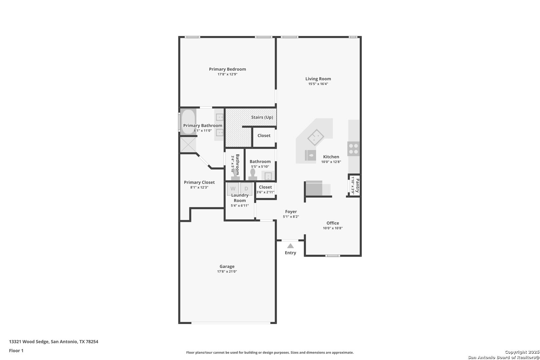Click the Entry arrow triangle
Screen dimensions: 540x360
[x=290, y=246]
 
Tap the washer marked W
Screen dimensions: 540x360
[x=233, y=189]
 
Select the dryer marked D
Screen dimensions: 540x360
[x=246, y=189]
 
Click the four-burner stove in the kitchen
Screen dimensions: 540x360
[x=353, y=149]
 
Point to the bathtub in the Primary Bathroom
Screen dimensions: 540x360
[x=188, y=122]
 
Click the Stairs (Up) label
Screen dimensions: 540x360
[x=262, y=117]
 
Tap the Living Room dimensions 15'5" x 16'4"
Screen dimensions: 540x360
[x=318, y=84]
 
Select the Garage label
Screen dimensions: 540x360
[x=227, y=266]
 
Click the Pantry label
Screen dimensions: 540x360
[x=358, y=185]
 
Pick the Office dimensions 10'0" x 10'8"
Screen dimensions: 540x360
[x=333, y=228]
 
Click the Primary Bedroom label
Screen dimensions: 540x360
[x=227, y=69]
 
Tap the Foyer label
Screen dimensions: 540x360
[x=291, y=211]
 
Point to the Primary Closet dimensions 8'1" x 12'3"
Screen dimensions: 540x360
[x=199, y=187]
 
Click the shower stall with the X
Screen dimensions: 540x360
[x=188, y=145]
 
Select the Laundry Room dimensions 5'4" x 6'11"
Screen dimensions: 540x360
[x=240, y=206]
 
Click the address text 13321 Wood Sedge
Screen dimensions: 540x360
[x=29, y=342]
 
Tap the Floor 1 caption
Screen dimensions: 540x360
[x=16, y=351]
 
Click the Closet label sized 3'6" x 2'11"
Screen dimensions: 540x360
[x=265, y=187]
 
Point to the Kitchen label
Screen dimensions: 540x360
[x=331, y=157]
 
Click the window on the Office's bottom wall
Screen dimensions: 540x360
[x=332, y=256]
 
